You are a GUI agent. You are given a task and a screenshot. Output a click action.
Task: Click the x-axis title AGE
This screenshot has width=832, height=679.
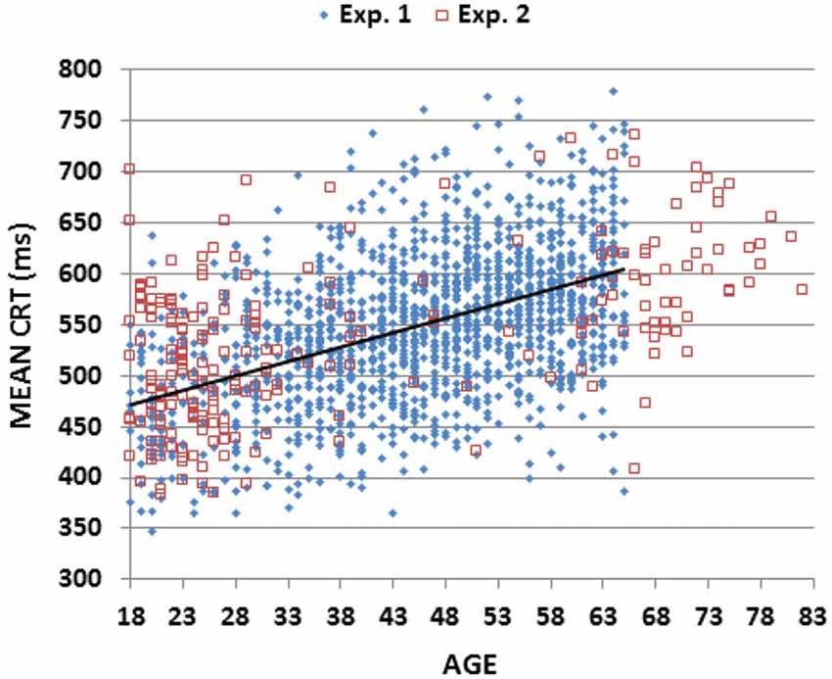pyautogui.click(x=469, y=662)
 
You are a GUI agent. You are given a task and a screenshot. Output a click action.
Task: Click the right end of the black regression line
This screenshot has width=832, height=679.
pyautogui.click(x=624, y=269)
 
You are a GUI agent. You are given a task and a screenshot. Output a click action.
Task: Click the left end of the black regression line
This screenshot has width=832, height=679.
pyautogui.click(x=129, y=405)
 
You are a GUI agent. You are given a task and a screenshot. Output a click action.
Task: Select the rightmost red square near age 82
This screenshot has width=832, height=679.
pyautogui.click(x=802, y=289)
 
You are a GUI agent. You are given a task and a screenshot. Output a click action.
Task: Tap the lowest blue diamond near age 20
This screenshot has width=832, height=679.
pyautogui.click(x=152, y=531)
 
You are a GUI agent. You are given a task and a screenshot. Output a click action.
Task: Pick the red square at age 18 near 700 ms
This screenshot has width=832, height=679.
pyautogui.click(x=129, y=170)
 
